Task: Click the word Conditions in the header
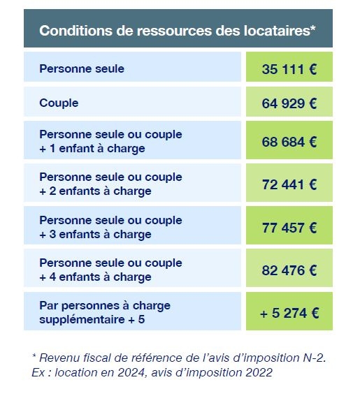[x=75, y=31]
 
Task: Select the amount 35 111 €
[x=289, y=69]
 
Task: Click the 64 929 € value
[x=289, y=103]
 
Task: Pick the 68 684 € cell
[x=289, y=142]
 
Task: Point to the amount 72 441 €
[x=289, y=184]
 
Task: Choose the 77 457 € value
[x=289, y=228]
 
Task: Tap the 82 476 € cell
[x=289, y=270]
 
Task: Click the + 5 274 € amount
[x=289, y=313]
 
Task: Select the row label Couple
[x=59, y=103]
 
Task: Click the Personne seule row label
[x=82, y=68]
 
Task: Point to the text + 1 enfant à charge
[x=92, y=149]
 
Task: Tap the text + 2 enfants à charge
[x=95, y=191]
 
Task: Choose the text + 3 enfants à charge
[x=95, y=235]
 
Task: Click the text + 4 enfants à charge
[x=95, y=277]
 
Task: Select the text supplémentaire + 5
[x=92, y=319]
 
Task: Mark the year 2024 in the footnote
[x=132, y=372]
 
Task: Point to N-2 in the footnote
[x=314, y=358]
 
